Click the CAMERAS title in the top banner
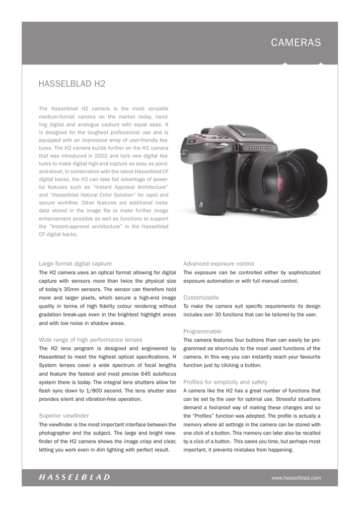pos(295,43)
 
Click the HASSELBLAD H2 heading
pos(72,84)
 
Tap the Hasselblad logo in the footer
pos(74,477)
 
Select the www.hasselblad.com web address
pos(296,478)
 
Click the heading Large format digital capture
pos(75,263)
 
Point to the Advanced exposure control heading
pos(218,263)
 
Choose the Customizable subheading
pos(201,297)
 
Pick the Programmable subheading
pos(203,331)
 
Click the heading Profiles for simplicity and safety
pos(225,382)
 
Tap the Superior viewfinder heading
pos(64,415)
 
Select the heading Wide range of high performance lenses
pos(90,340)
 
